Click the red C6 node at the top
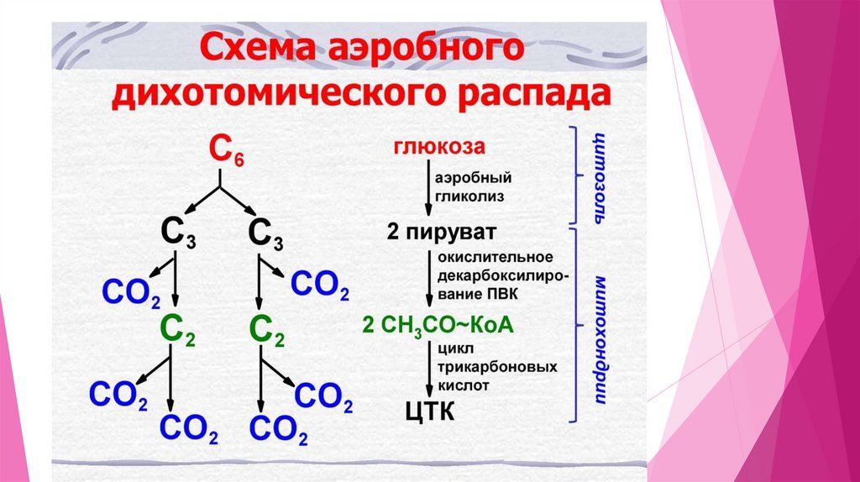(224, 153)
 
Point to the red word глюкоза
(438, 146)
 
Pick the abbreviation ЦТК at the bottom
(429, 411)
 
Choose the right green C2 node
(265, 327)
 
